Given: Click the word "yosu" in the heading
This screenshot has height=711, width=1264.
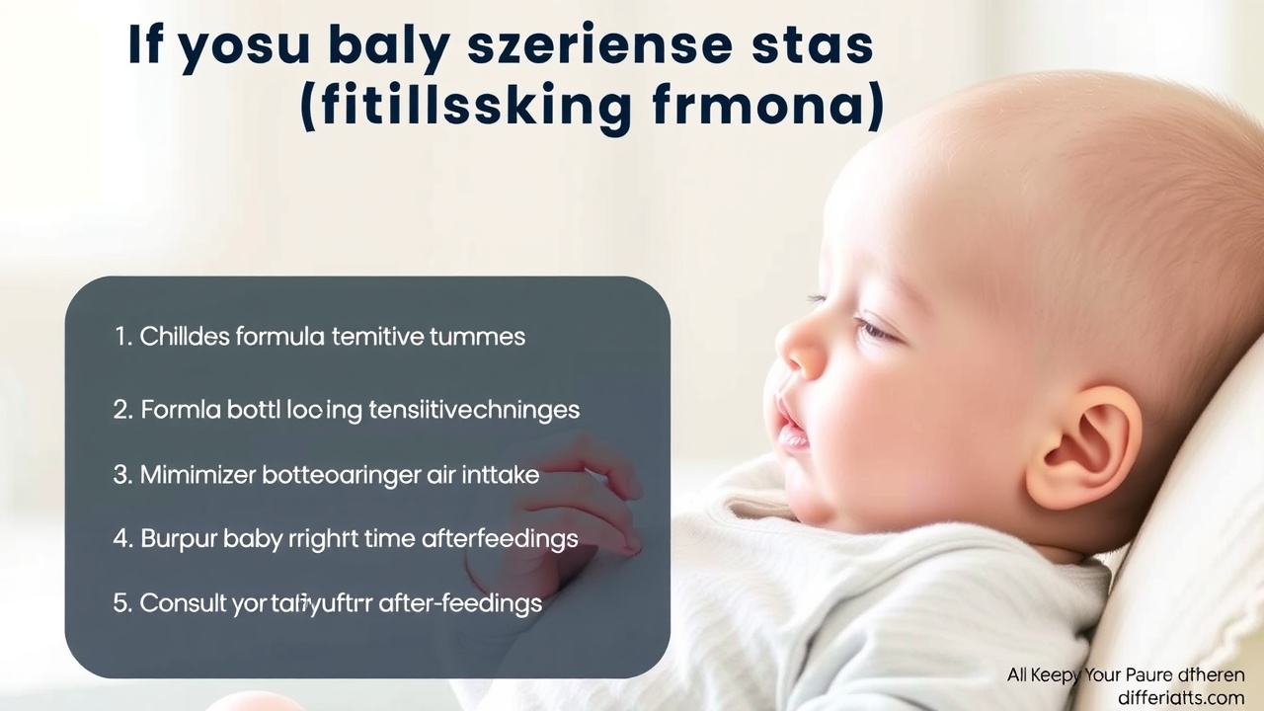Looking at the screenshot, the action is (244, 46).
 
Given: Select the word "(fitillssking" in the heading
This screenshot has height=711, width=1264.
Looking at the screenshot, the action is (465, 107).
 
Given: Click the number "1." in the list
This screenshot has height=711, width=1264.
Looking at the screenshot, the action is (123, 337).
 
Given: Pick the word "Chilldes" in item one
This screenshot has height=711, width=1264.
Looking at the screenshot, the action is (185, 337).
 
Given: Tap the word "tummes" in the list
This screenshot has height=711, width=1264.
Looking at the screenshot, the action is (477, 337).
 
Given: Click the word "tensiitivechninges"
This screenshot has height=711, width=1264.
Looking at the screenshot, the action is (475, 410).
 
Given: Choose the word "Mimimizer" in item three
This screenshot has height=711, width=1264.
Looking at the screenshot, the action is (198, 475).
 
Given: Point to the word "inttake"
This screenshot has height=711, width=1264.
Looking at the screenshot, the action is (501, 475).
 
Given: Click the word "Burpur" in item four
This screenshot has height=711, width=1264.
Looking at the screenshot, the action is (178, 539).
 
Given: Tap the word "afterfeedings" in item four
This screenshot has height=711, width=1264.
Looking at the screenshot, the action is (500, 539).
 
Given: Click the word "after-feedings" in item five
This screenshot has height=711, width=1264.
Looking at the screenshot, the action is (460, 603).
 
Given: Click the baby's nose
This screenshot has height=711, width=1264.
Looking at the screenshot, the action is (796, 347).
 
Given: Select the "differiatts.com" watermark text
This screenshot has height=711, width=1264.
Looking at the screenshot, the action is (1181, 697).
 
